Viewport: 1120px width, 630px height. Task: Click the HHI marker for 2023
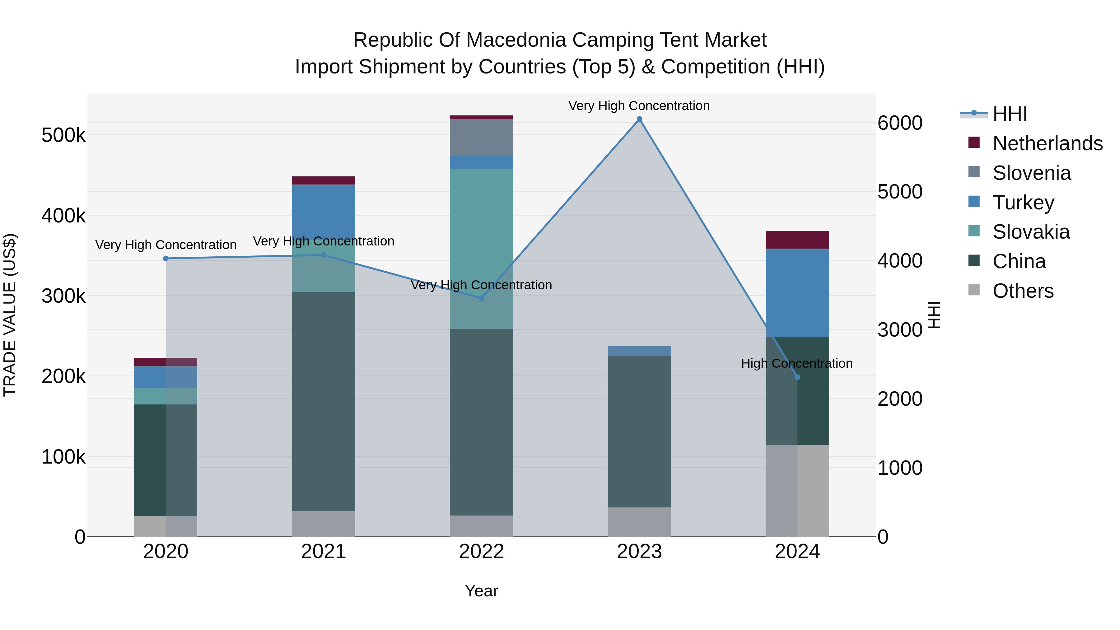[639, 119]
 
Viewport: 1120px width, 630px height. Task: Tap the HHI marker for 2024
[797, 377]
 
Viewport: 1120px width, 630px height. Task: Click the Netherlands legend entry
[1047, 143]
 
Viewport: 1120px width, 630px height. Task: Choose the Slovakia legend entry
[1030, 232]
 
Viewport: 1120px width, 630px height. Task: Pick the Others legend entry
[1023, 291]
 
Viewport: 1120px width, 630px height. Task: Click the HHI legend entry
[1010, 114]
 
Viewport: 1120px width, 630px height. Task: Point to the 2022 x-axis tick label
[481, 552]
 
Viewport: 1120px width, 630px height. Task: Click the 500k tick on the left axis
[63, 135]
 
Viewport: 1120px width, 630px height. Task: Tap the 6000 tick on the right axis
[899, 123]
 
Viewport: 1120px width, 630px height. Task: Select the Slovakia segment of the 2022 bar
[481, 248]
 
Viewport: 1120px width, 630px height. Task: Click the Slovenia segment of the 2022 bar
[481, 138]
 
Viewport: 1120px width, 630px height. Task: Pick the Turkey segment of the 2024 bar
[797, 293]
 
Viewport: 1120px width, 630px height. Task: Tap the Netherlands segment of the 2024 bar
[797, 240]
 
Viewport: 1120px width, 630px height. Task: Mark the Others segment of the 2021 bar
[324, 524]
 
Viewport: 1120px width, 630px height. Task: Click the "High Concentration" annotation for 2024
[796, 363]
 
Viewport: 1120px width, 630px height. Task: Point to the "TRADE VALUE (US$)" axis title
[10, 315]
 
